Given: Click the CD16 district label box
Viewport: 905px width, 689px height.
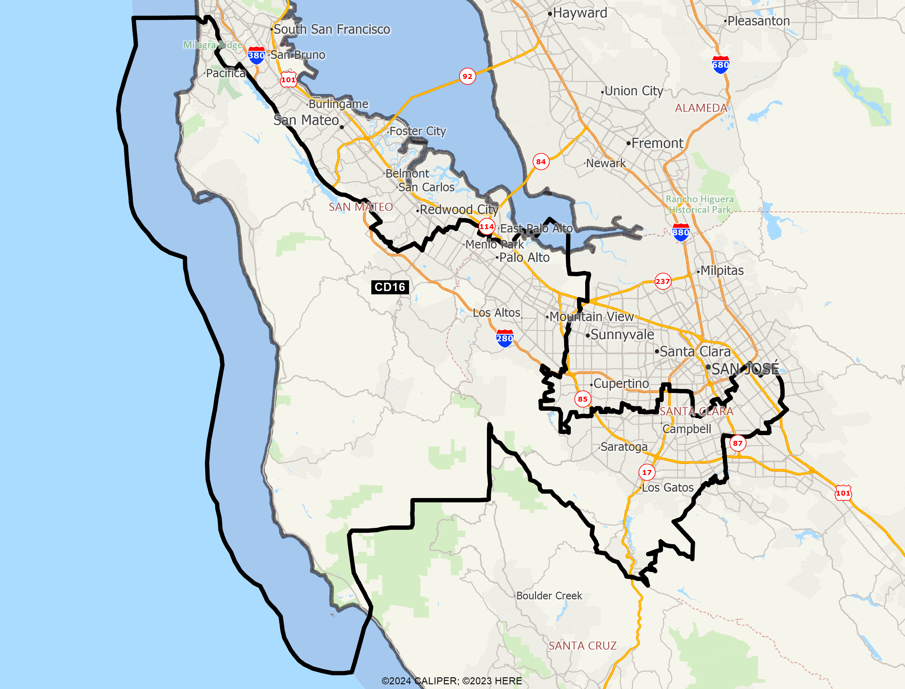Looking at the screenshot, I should coord(390,287).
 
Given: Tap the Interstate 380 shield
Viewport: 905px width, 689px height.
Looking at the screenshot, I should coord(256,56).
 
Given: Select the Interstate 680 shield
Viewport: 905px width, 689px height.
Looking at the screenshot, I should coord(721,65).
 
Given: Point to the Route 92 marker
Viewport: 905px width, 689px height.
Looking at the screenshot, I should coord(468,76).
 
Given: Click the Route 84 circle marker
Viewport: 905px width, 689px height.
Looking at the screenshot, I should coord(541,162).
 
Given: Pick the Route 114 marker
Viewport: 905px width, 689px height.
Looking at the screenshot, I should coord(487,226).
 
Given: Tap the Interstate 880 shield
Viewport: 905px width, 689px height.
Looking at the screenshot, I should coord(681,232).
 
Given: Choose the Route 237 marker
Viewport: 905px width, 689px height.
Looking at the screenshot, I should coord(663,281).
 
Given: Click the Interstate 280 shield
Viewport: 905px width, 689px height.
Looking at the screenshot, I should coord(505,338).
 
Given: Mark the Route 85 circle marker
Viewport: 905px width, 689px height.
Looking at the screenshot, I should coord(583,399).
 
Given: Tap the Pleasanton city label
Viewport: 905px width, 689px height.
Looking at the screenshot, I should coord(758,21).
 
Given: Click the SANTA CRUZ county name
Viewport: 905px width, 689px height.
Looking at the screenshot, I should coord(583,646).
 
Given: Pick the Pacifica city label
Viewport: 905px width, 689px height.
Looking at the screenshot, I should coord(226,73).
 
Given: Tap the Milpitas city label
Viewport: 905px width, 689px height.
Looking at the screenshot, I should coord(722,271).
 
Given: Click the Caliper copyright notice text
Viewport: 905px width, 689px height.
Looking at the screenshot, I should coord(451,681).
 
